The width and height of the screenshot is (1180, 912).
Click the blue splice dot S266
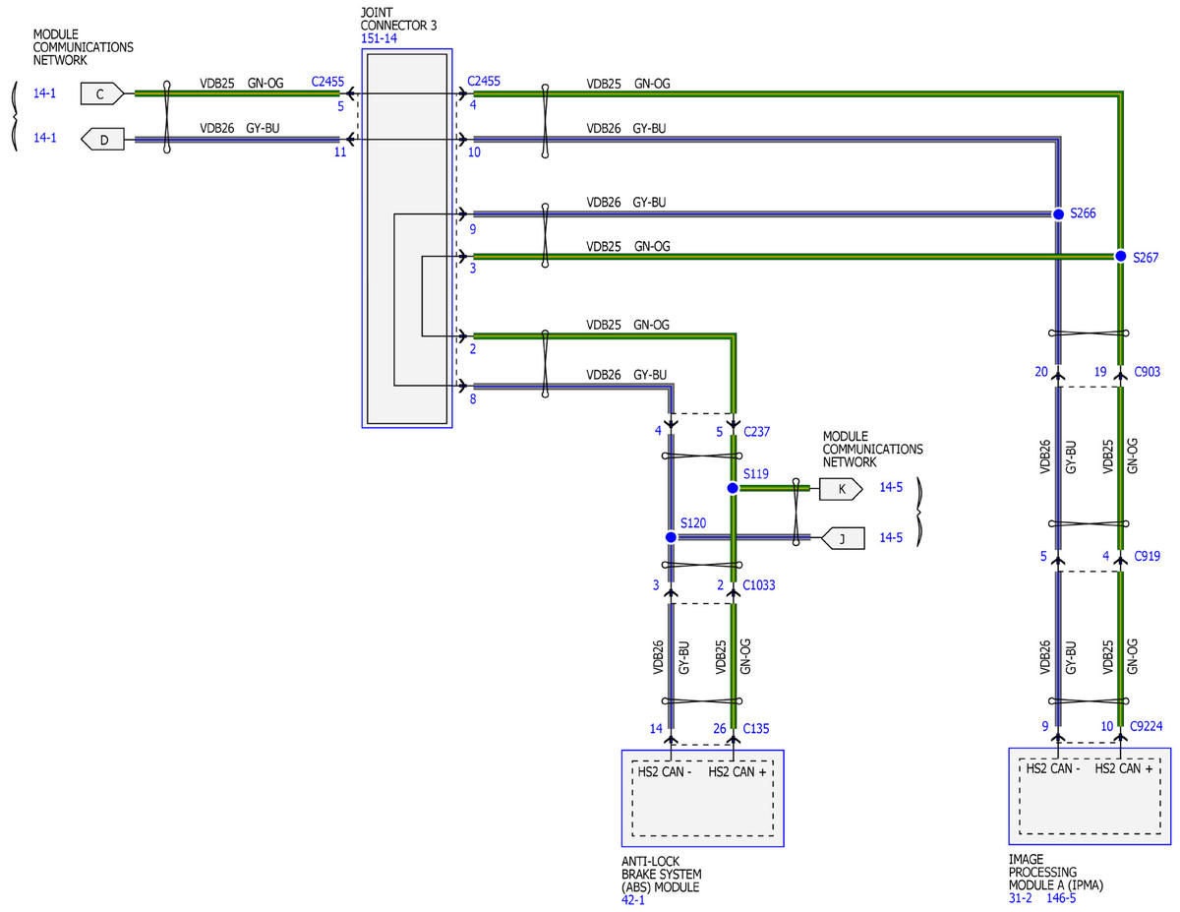coord(1058,214)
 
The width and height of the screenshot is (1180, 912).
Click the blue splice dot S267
coord(1120,256)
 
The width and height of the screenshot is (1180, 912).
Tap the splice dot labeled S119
coord(733,488)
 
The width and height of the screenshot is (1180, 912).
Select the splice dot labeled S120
coord(671,537)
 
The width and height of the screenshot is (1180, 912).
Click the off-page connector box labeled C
coord(101,93)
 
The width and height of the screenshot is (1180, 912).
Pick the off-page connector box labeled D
coord(102,139)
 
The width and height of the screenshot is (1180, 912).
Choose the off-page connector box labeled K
coord(841,489)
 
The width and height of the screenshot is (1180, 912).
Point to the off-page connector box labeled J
coord(843,538)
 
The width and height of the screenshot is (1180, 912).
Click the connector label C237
coord(756,432)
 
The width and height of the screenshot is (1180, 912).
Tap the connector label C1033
coord(758,585)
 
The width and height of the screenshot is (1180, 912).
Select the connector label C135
coord(756,728)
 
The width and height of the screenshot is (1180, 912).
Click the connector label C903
coord(1147,372)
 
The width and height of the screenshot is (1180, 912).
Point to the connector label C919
coord(1147,556)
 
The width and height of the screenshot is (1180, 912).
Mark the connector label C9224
coord(1146,726)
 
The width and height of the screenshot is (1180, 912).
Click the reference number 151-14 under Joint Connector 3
coord(379,38)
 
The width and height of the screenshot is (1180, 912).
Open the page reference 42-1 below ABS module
coord(633,900)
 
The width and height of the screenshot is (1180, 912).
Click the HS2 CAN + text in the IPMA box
coord(1124,768)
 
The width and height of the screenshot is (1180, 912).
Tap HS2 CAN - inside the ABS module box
coord(665,772)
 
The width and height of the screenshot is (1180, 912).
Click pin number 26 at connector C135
coord(720,728)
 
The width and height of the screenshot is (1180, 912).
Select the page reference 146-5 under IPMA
coord(1061,898)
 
